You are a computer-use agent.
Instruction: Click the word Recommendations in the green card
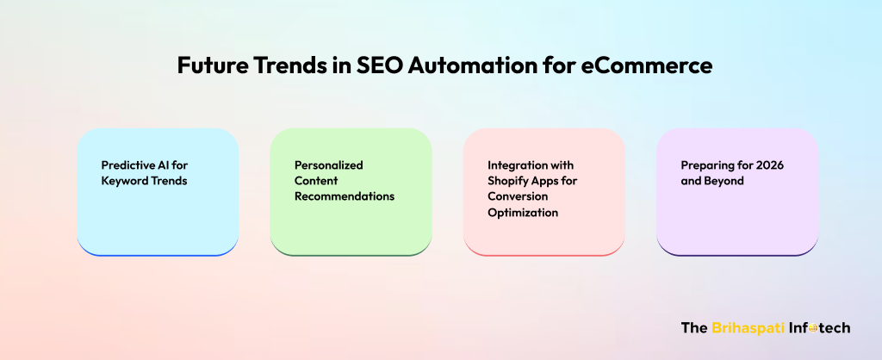[345, 197]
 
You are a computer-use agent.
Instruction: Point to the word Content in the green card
[316, 181]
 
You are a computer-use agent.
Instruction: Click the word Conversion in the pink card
[518, 197]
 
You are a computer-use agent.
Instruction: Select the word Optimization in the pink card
[523, 213]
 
